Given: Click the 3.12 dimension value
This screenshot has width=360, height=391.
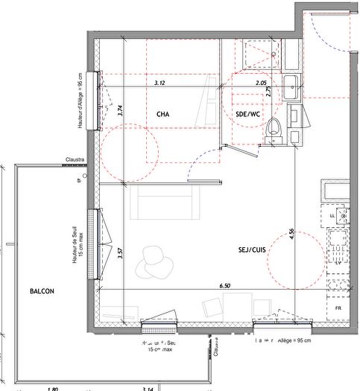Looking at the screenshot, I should point(160,83).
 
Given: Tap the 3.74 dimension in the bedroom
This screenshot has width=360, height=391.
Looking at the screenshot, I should point(120,112).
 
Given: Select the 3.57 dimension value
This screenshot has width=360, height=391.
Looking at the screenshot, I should point(120,252).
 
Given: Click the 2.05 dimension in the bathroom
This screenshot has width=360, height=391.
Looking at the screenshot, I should point(261,83).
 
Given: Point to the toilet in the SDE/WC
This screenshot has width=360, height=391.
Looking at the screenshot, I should point(275,127).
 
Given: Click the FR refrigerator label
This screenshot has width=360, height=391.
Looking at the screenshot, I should point(338,307).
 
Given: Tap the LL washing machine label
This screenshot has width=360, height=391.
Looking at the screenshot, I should point(333,215).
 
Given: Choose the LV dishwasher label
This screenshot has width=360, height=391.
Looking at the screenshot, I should point(338,263).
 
